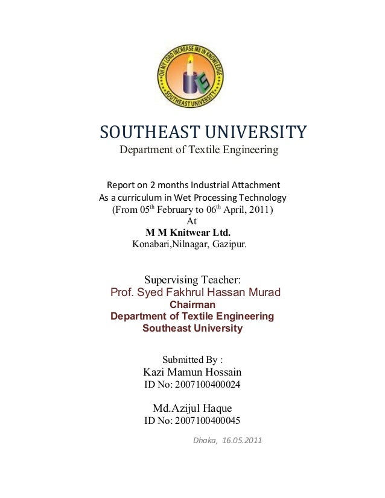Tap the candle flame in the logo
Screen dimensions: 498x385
(190, 58)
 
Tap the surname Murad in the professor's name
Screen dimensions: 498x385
(264, 293)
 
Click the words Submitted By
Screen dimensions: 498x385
(192, 360)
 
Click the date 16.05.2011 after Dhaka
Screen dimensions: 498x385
(243, 440)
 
